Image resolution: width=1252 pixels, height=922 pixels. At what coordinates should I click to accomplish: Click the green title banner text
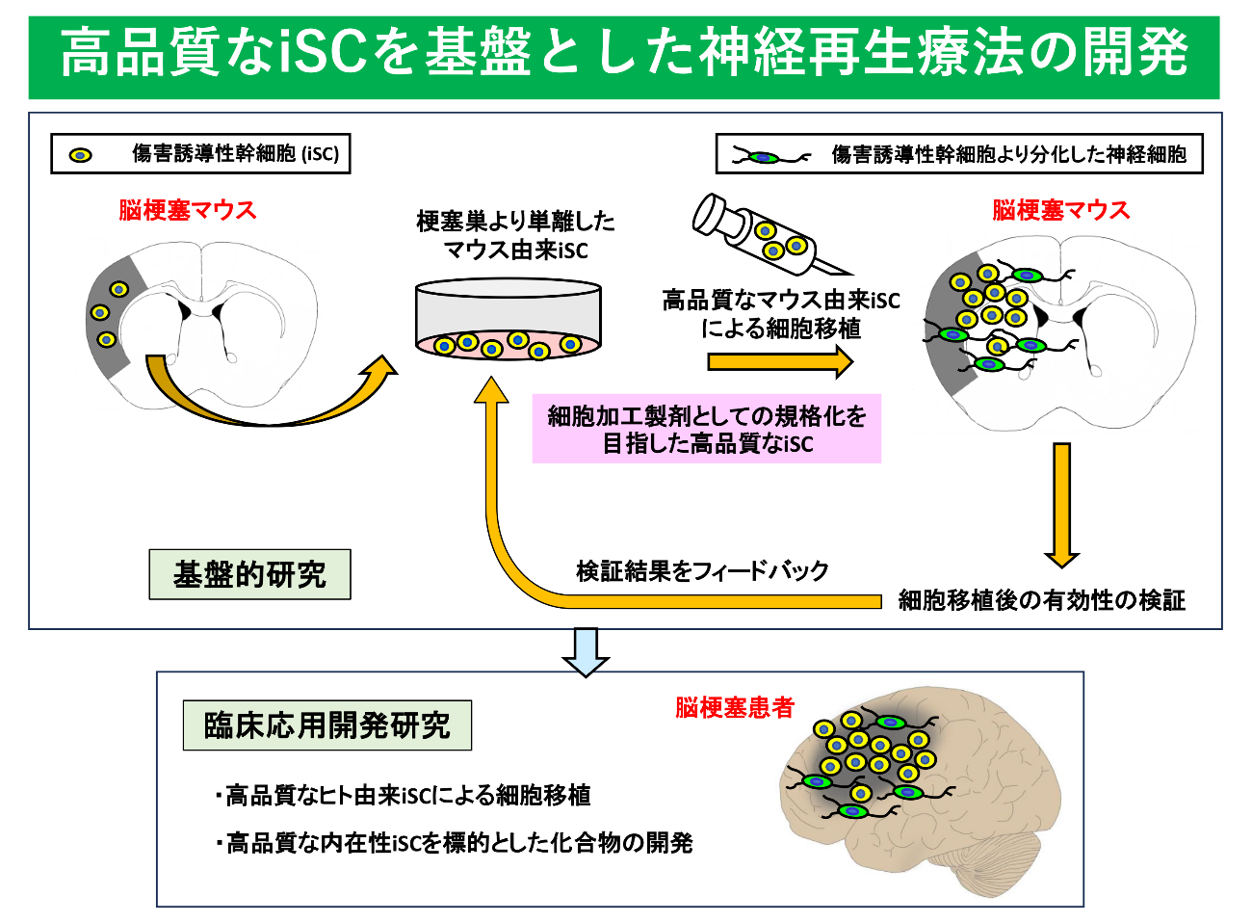[624, 52]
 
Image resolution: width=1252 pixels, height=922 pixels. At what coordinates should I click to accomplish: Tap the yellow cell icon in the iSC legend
[81, 155]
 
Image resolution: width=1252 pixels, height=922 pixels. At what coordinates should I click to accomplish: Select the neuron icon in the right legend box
[770, 157]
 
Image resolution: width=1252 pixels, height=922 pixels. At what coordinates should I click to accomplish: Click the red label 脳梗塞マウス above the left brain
[187, 210]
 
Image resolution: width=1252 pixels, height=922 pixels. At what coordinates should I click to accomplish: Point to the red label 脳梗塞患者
[735, 707]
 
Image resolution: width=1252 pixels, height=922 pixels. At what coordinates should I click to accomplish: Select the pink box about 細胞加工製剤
[707, 429]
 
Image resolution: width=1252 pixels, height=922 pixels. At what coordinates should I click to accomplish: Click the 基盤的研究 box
[249, 574]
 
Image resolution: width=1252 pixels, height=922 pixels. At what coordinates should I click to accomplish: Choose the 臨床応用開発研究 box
[327, 724]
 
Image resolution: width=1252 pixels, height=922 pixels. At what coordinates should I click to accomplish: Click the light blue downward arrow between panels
[586, 652]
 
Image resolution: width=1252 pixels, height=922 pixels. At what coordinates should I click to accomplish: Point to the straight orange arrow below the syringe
[780, 361]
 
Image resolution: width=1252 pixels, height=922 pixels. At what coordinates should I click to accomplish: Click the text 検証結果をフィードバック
[702, 571]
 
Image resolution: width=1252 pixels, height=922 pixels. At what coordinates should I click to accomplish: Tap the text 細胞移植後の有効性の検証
[1041, 600]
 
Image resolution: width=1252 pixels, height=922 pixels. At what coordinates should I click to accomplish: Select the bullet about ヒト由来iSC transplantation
[403, 795]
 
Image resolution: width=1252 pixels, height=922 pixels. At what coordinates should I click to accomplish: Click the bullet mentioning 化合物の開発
[454, 843]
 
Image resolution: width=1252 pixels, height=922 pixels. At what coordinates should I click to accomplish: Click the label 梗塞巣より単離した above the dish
[515, 222]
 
